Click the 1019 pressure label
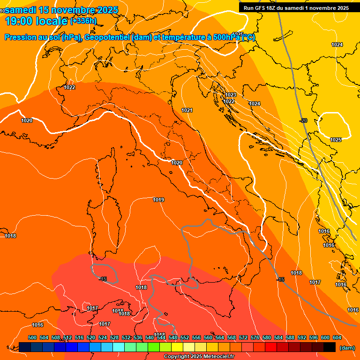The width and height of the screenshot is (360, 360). (x=158, y=200)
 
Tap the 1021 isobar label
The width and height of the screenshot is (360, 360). (x=187, y=110)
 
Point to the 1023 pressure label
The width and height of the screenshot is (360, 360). (x=231, y=95)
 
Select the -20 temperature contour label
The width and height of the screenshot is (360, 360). (x=303, y=120)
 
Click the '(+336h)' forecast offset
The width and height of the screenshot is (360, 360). (x=83, y=21)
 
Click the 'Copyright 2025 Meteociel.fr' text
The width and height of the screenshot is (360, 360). (x=199, y=357)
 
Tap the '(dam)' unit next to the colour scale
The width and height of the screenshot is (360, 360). (x=347, y=347)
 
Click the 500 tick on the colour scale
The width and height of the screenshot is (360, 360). (x=32, y=337)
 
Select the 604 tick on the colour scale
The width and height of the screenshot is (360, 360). (x=337, y=337)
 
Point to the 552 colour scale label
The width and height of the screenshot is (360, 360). (x=185, y=337)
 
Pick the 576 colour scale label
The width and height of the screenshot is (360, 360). (x=255, y=337)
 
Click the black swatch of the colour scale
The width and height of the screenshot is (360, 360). (x=330, y=347)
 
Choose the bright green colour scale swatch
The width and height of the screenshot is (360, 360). (x=154, y=347)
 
